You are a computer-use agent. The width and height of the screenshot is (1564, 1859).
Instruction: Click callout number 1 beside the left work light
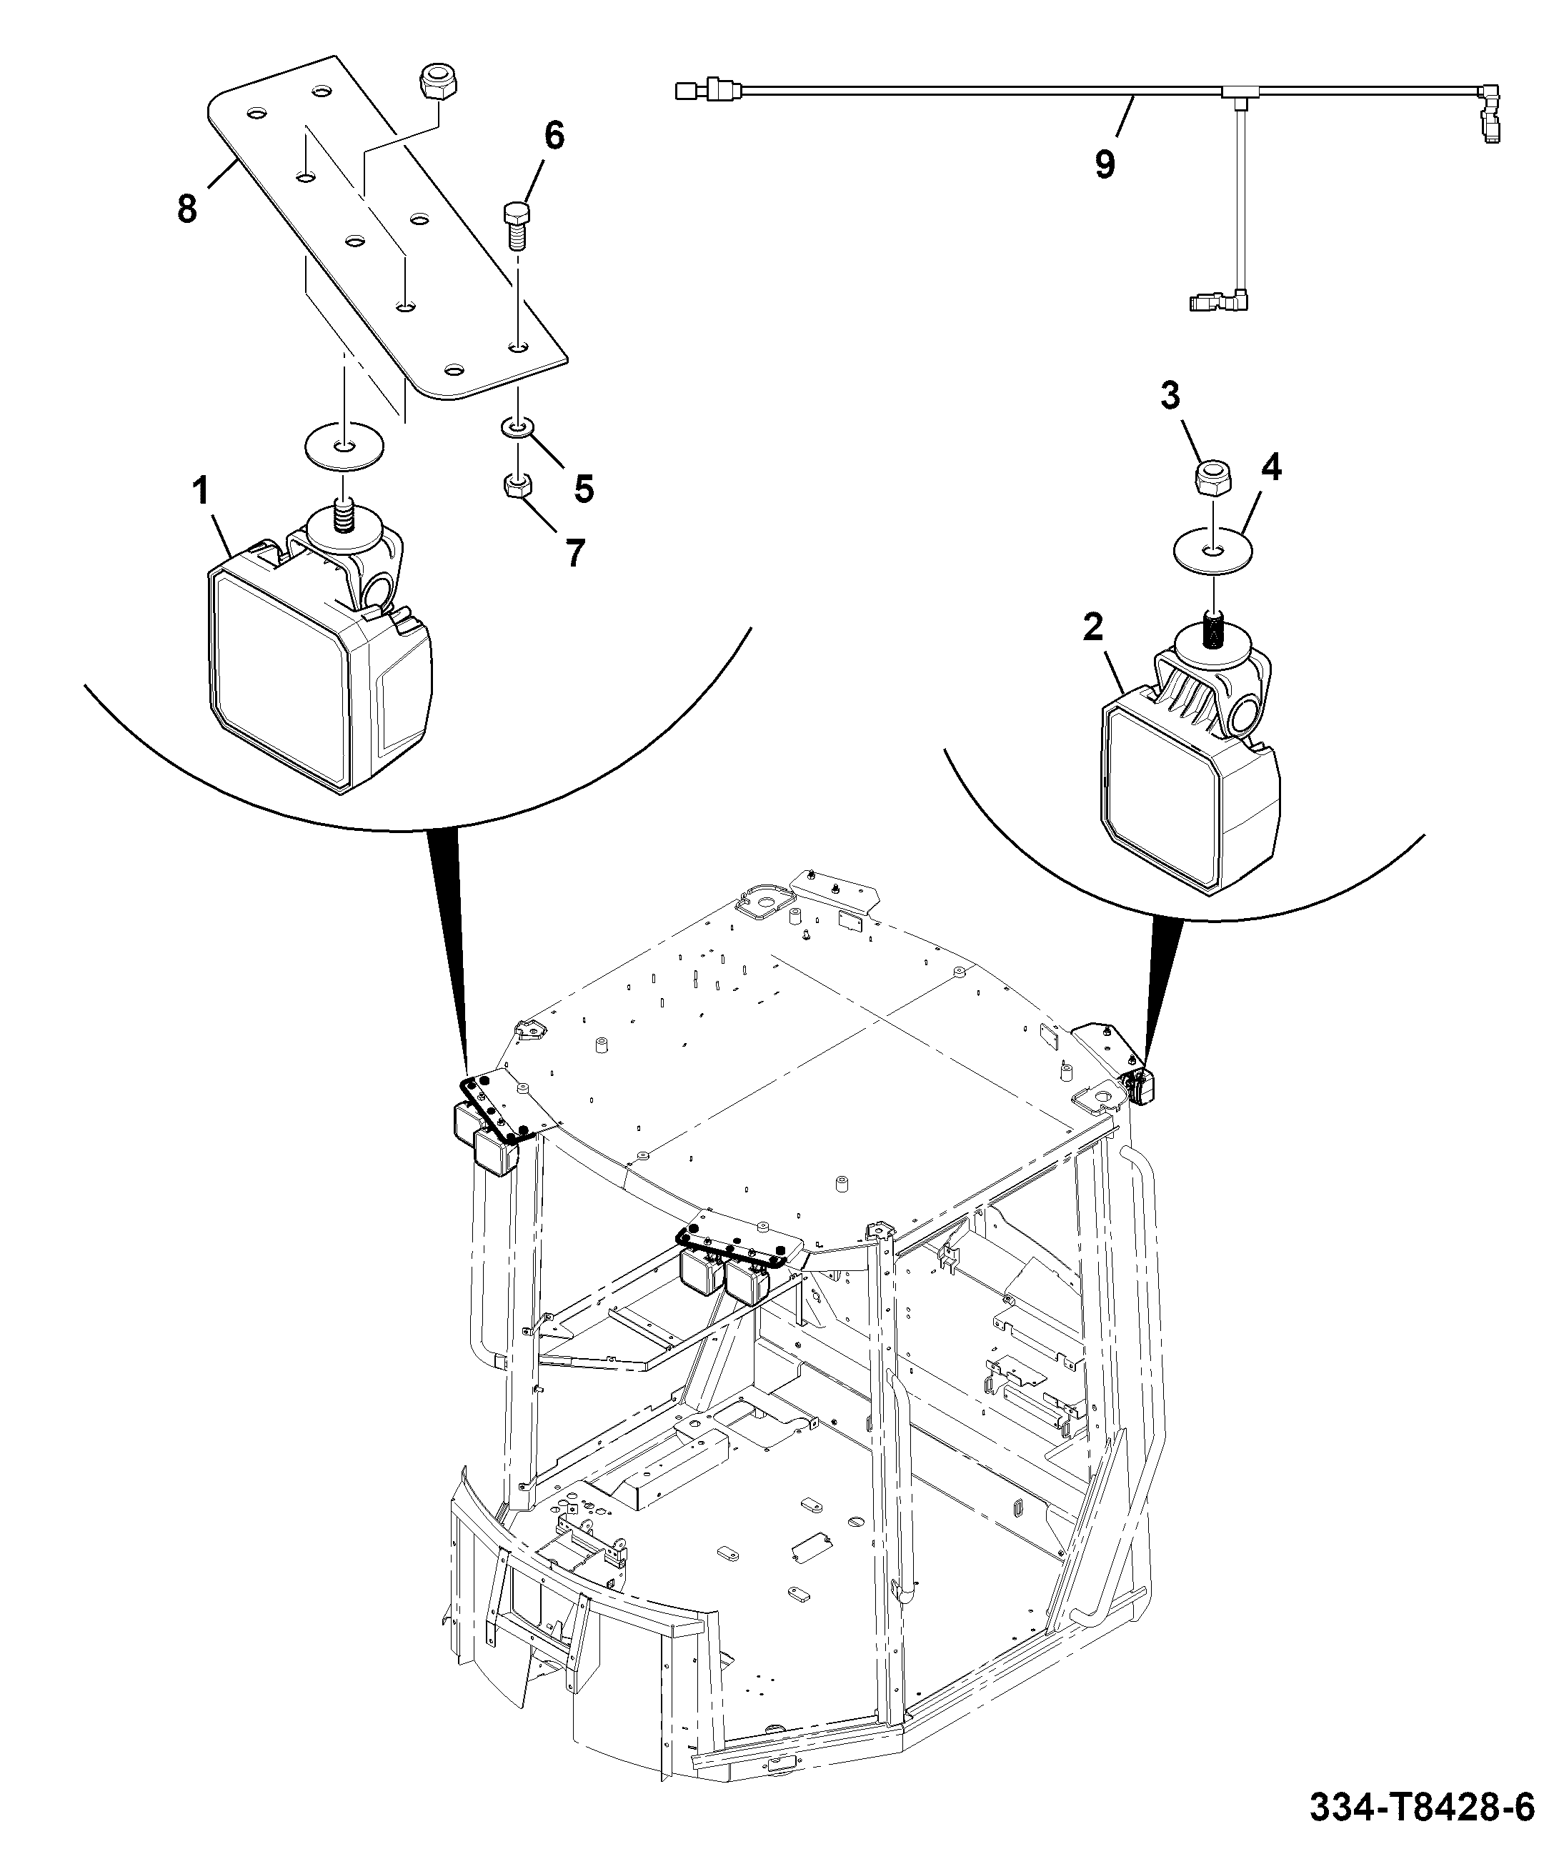point(201,491)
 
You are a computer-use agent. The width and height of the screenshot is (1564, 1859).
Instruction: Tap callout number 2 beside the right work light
point(1093,628)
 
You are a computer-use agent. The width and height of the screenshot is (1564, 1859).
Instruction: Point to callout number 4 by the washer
point(1271,467)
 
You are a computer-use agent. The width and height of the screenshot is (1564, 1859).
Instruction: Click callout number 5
point(584,489)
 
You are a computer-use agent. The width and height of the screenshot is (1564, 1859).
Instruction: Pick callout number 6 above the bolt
point(553,136)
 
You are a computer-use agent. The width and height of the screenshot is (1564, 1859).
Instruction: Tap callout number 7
point(575,553)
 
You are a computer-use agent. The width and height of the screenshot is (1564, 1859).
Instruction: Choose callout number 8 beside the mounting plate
point(186,210)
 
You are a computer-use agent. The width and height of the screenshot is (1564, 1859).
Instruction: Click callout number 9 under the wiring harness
point(1104,165)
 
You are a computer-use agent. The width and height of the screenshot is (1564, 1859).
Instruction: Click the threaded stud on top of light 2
point(1211,632)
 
